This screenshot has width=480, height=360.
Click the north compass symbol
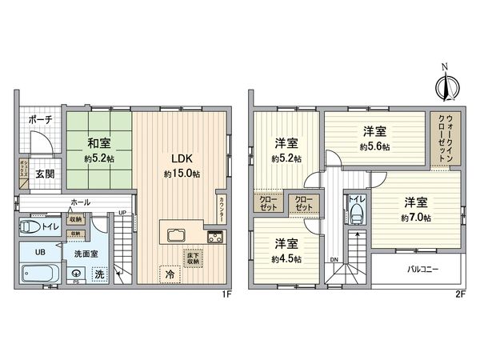(x=444, y=83)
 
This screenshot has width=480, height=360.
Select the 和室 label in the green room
(x=98, y=144)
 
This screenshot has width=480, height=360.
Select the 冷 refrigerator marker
(x=170, y=274)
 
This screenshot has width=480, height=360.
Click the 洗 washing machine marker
(x=99, y=274)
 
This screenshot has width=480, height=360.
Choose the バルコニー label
(x=422, y=270)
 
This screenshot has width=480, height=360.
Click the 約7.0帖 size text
(x=416, y=218)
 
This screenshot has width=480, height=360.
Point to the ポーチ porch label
(x=40, y=119)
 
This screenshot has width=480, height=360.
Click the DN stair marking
(x=334, y=259)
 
